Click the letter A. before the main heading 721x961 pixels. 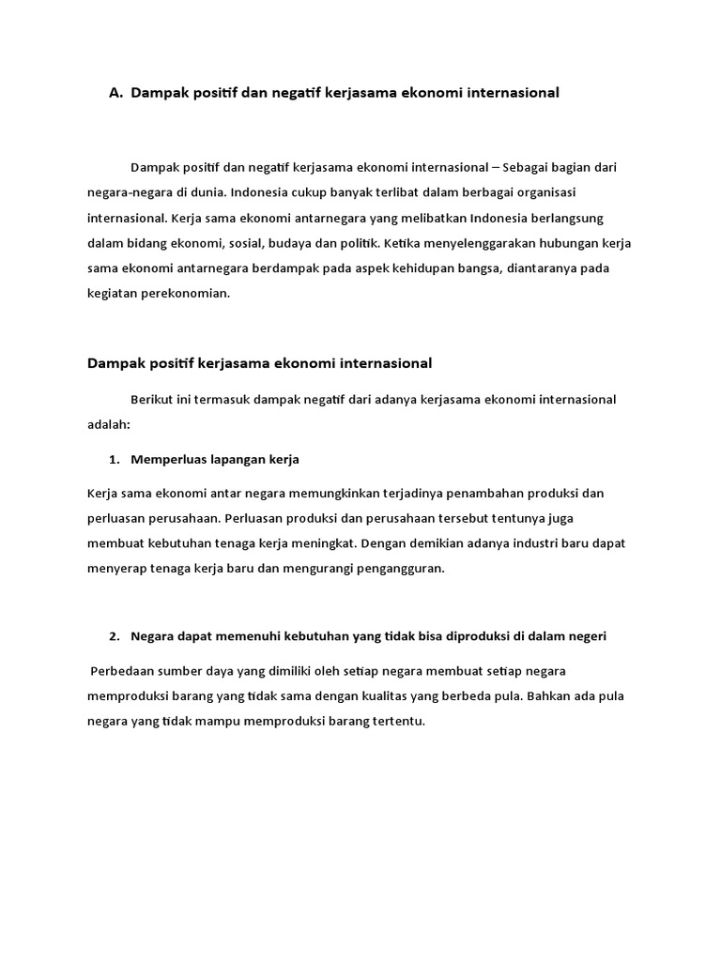pyautogui.click(x=116, y=93)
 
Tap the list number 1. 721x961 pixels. pyautogui.click(x=115, y=460)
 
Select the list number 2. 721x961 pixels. pyautogui.click(x=115, y=636)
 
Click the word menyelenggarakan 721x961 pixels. pyautogui.click(x=453, y=243)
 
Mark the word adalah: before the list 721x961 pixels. pyautogui.click(x=109, y=424)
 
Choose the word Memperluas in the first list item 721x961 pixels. pyautogui.click(x=166, y=460)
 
